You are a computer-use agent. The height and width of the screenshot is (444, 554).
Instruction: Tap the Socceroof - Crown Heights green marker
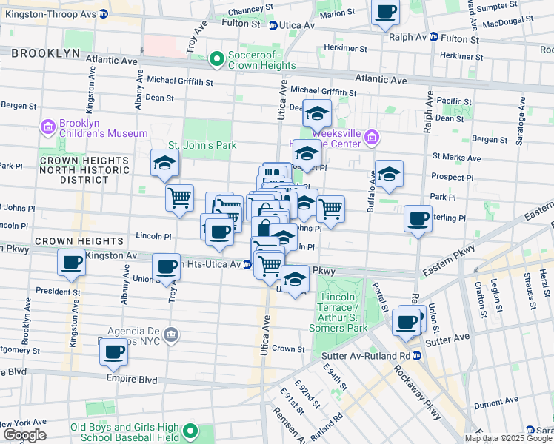pos(217,58)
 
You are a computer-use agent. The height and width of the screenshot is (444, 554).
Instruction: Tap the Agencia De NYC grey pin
pos(172,334)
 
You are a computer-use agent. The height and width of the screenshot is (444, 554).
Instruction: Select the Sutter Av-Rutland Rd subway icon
pos(416,355)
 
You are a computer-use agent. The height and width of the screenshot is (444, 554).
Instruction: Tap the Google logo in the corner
pos(24,435)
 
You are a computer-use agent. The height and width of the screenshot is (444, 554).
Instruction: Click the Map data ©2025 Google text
pos(508,438)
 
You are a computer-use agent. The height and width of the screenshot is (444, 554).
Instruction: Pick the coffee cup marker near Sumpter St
pos(386,12)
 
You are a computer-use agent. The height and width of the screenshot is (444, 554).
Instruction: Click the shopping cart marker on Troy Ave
pos(179,198)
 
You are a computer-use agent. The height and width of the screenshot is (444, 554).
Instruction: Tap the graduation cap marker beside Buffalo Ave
pos(389,173)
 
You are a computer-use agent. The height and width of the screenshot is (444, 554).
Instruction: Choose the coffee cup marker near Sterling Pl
pos(418,218)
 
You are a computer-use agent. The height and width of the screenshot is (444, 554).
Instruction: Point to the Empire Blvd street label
pos(130,380)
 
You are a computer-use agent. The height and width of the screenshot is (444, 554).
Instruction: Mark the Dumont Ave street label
pos(495,406)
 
